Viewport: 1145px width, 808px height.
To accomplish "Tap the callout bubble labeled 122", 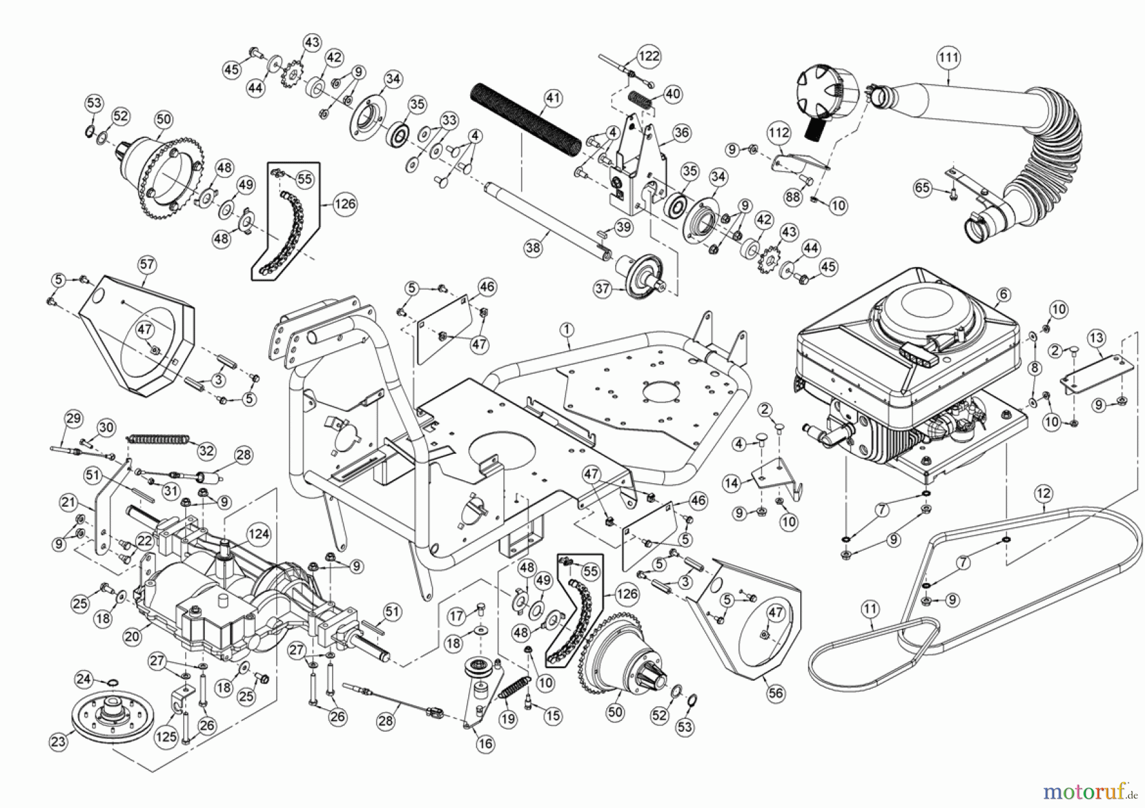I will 648,56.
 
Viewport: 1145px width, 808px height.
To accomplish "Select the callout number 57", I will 147,264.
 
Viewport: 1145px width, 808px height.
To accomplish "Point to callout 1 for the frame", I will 567,329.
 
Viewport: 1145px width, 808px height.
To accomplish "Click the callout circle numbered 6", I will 1003,294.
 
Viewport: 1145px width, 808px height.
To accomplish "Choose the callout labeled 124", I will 258,534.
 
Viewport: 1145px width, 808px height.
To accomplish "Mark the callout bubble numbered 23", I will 58,741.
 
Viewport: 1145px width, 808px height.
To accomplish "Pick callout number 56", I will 775,693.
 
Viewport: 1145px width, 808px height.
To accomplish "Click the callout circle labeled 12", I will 1043,493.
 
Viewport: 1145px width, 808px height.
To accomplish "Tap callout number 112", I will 779,133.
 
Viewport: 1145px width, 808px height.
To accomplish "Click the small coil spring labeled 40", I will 641,100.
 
